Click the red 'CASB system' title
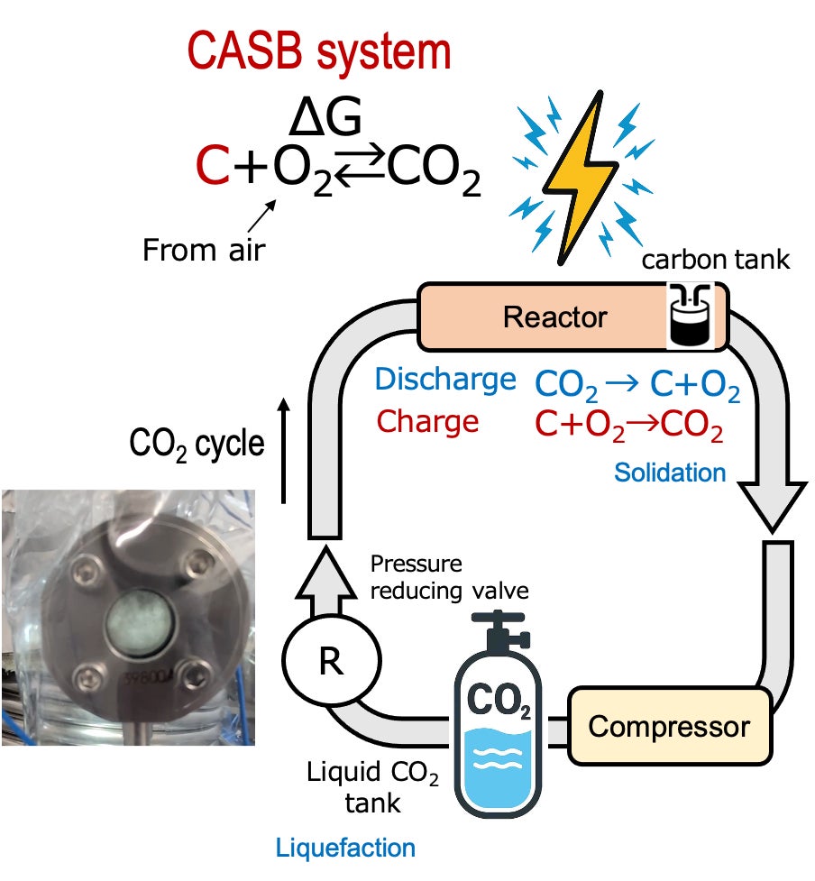tap(319, 53)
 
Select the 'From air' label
tap(204, 249)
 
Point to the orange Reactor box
tap(554, 317)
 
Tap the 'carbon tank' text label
tap(715, 262)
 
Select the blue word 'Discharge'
tap(445, 380)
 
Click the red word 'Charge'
tap(427, 421)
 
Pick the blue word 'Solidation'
tap(670, 472)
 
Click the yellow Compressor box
tap(669, 726)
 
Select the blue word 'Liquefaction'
tap(346, 848)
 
